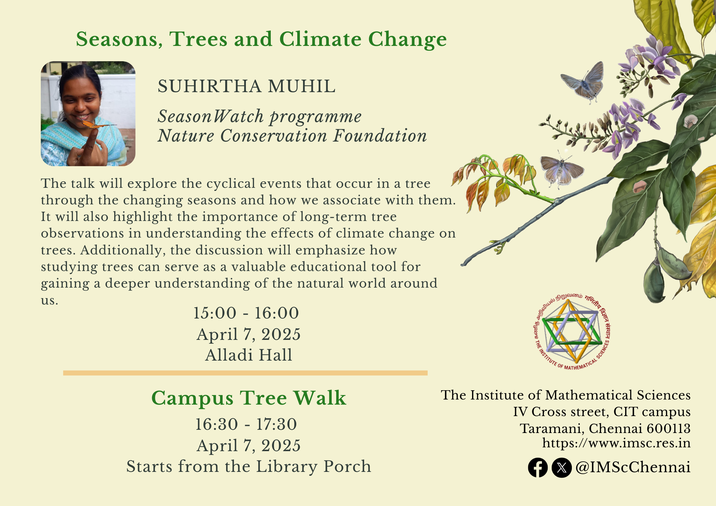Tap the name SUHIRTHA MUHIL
(247, 86)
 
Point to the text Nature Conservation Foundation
(292, 136)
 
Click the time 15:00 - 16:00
(246, 313)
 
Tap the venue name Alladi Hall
(248, 355)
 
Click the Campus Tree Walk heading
(248, 398)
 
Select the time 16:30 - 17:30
(246, 424)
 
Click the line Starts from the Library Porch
(249, 466)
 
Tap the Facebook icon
(538, 468)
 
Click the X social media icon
(562, 468)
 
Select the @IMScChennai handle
(633, 467)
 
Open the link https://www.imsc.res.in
(616, 443)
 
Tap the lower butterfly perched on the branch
(561, 170)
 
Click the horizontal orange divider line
(245, 373)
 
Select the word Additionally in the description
(123, 250)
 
